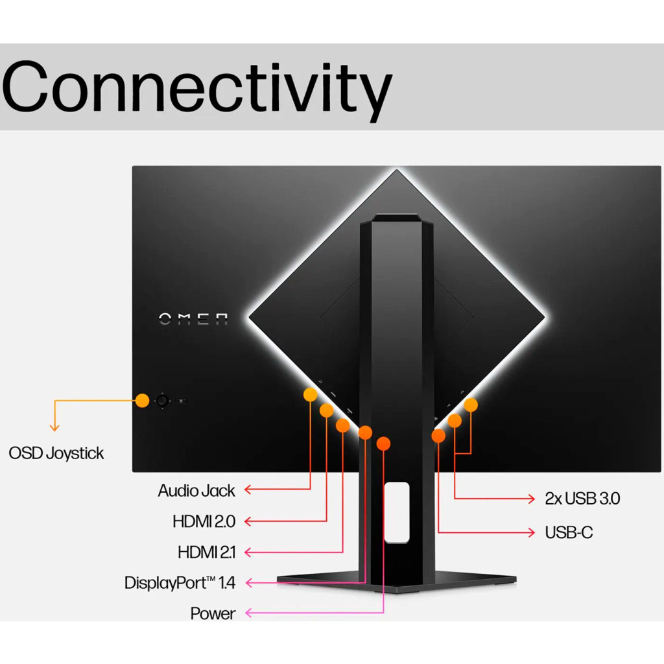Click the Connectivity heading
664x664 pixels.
pos(196,87)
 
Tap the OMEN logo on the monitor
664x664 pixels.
pos(193,318)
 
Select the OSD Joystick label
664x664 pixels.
pos(56,453)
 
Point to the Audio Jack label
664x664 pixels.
pos(196,490)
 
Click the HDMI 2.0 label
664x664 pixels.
pos(204,521)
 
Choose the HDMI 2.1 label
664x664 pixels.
pos(206,552)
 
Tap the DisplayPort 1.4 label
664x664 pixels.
pos(180,582)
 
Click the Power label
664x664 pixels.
pos(213,613)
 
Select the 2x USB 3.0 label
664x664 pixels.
pos(582,498)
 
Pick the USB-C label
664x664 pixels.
pos(569,532)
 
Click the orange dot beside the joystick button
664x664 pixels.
pos(143,400)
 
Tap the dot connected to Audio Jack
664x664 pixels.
pos(311,394)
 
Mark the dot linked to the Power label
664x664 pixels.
pos(384,444)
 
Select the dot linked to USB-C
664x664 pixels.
pos(438,436)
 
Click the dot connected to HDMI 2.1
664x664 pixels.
pos(342,425)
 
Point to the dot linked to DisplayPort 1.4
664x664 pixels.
pos(365,433)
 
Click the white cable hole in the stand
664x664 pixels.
pos(396,512)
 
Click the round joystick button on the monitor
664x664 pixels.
pos(161,401)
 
